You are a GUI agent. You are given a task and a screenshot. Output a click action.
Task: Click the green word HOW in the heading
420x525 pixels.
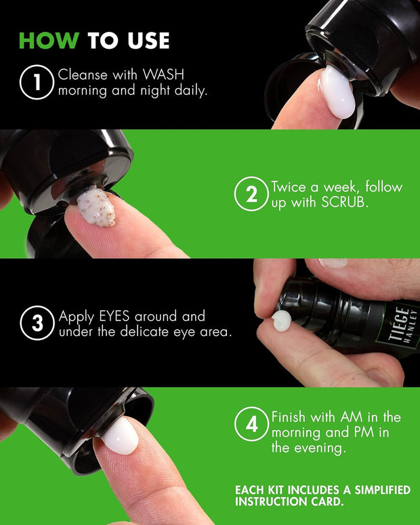49,41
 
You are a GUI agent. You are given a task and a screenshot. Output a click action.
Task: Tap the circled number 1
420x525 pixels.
36,83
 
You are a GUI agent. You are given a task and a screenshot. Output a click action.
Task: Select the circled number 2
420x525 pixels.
251,195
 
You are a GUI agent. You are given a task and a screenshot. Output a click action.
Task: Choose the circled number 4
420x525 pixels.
251,425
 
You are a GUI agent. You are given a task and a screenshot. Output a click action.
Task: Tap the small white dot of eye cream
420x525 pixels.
281,320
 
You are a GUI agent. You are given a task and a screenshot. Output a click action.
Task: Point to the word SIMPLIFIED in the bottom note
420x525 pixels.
379,490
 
